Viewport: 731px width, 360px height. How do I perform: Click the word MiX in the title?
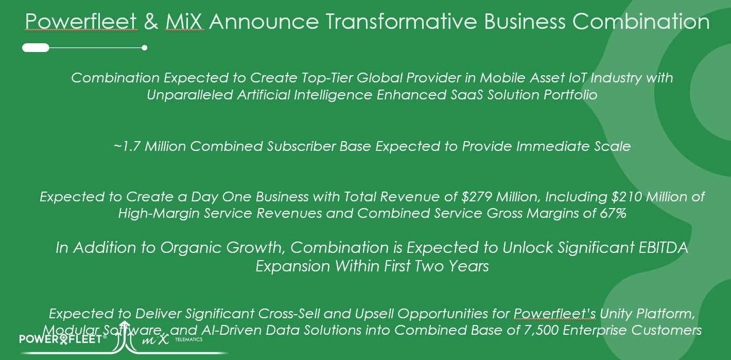[x=184, y=22]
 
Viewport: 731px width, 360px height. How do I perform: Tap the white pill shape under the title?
[x=36, y=48]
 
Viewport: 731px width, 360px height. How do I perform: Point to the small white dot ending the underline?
[x=145, y=48]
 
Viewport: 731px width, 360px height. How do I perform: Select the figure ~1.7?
[x=127, y=146]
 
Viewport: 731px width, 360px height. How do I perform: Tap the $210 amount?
[x=610, y=197]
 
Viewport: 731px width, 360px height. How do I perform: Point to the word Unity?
[x=617, y=313]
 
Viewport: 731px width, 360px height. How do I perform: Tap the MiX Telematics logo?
[x=160, y=339]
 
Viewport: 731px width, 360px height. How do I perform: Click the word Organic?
[x=192, y=248]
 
